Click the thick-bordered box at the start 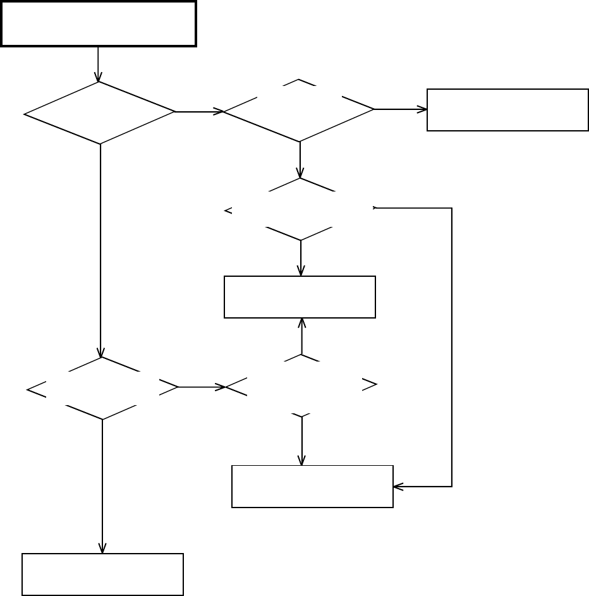[x=99, y=23]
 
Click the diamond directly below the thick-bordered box [x=100, y=113]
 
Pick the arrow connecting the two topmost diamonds [x=199, y=112]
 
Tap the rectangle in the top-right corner [x=507, y=110]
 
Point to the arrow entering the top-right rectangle [x=401, y=109]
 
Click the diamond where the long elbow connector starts [x=301, y=209]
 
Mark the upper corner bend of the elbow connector [x=451, y=208]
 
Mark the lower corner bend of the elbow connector [x=451, y=487]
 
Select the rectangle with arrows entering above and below [x=300, y=296]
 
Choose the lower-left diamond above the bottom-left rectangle [x=102, y=388]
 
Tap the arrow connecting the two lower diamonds [x=202, y=387]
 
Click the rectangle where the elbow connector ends [x=312, y=487]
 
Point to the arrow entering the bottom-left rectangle [x=102, y=487]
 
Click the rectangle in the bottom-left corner [x=102, y=575]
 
